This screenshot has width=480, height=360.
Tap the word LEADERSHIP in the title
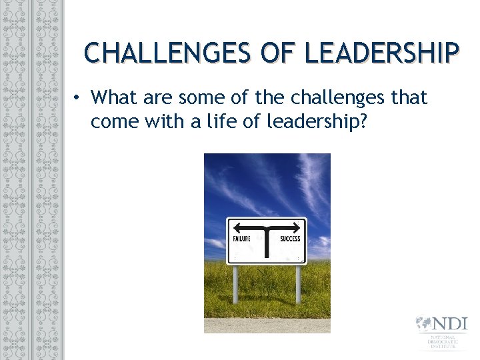pyautogui.click(x=382, y=52)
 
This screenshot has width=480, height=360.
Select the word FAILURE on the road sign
pyautogui.click(x=241, y=239)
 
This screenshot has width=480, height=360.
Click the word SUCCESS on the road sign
pyautogui.click(x=290, y=239)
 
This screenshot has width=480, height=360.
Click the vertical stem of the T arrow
pyautogui.click(x=267, y=241)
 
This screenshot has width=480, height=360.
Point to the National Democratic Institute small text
pyautogui.click(x=443, y=343)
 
